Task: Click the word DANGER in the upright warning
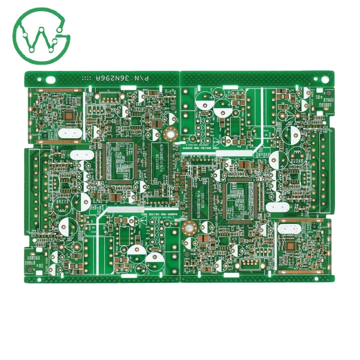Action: (190, 148)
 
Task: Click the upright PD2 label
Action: (237, 107)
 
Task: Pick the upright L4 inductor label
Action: (244, 158)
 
